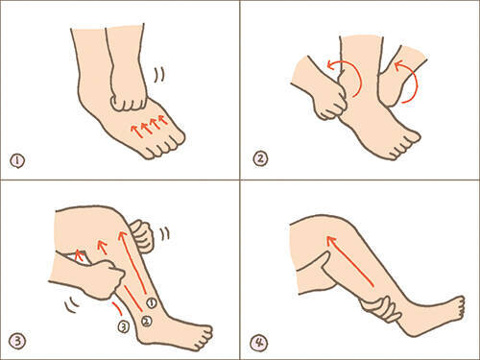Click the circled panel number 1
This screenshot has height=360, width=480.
(x=17, y=160)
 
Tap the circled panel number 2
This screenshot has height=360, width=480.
(x=260, y=159)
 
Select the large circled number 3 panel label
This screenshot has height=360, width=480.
(x=17, y=342)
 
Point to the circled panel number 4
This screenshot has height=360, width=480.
(x=259, y=343)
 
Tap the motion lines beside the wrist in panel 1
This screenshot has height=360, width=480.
(x=159, y=75)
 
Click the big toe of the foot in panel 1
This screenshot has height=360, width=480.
(x=178, y=136)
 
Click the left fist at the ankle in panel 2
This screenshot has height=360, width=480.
(x=330, y=104)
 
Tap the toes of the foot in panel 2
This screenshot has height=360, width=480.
(x=405, y=146)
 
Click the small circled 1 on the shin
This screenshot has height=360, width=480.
(x=152, y=302)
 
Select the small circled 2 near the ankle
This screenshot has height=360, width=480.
(x=146, y=321)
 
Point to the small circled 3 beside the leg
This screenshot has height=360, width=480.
(x=124, y=326)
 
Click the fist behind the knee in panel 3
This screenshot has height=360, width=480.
(x=142, y=235)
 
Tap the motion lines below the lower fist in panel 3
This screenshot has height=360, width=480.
(x=72, y=305)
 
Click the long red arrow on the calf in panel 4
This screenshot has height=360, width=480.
(x=349, y=261)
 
